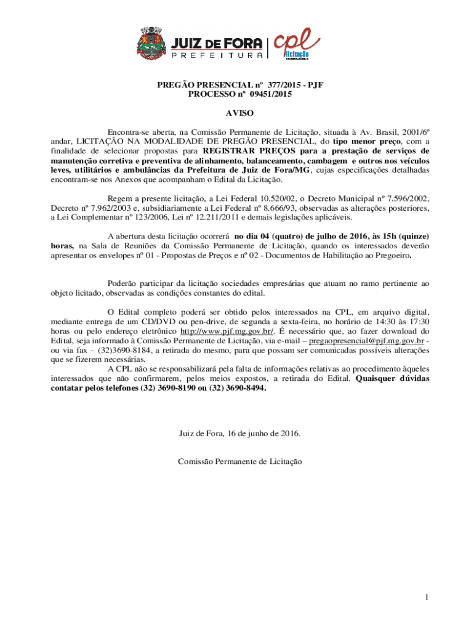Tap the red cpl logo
298,45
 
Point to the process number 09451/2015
268,95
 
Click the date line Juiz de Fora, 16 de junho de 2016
240,433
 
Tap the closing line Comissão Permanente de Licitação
240,461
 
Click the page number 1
425,597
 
